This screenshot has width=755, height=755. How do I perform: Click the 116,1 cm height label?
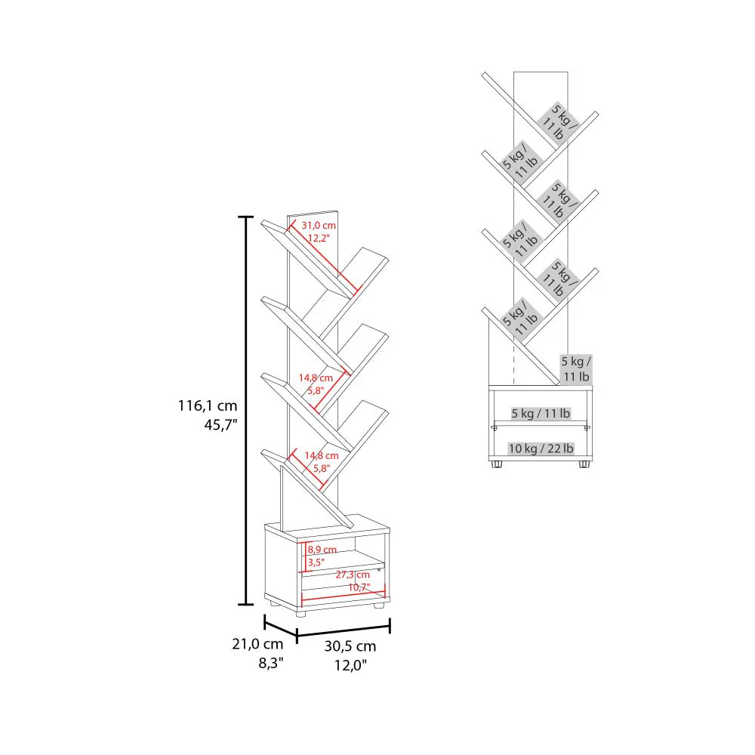point(208,406)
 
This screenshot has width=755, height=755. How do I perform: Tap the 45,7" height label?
point(220,425)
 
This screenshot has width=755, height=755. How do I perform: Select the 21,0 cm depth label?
point(257,644)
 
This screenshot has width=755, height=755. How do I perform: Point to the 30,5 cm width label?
point(350,646)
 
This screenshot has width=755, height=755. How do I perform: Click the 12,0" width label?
point(350,665)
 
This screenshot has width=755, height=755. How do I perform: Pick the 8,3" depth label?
point(271,663)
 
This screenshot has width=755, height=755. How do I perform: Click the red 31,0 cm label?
point(319,225)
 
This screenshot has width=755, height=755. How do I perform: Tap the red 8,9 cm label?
point(322,550)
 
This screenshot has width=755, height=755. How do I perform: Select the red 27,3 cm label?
point(353,575)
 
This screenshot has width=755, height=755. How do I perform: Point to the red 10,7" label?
point(359,587)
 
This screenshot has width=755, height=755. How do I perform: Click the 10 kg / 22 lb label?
point(541,448)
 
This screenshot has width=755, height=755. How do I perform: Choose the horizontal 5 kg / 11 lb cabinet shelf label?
point(541,413)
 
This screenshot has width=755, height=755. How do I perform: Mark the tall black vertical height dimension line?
point(246,410)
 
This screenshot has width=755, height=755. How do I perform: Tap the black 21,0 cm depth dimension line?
point(280,628)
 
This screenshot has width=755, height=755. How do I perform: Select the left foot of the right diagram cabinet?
point(496,464)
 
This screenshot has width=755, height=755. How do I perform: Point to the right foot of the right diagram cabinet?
point(584,464)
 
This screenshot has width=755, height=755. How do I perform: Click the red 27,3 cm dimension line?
point(344,597)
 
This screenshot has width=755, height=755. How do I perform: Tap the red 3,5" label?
point(316,562)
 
